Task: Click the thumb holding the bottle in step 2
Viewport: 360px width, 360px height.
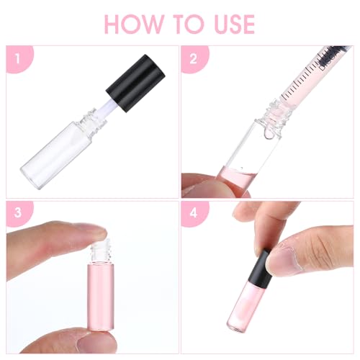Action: coord(209,185)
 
